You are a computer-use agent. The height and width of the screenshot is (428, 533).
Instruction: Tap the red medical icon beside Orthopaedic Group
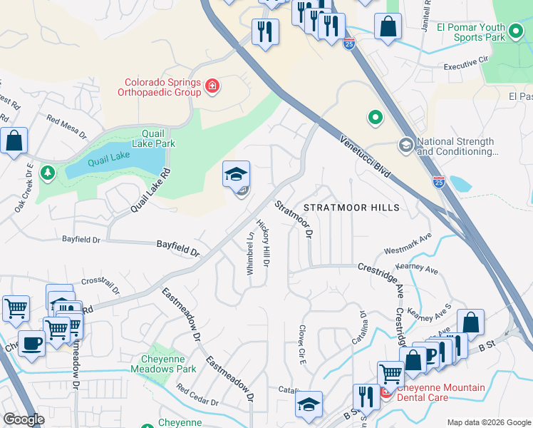212,87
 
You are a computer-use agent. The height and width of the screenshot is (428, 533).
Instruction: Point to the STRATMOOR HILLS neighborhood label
351,207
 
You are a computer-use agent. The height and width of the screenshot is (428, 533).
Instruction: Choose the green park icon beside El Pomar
515,31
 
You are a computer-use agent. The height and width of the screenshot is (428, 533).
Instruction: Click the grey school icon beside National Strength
406,146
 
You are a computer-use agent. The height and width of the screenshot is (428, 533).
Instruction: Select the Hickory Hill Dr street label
264,243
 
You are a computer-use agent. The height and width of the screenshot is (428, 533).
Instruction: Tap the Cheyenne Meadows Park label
163,364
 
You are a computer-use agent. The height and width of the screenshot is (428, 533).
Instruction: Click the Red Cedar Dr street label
197,397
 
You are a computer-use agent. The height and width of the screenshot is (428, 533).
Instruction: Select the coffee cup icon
31,342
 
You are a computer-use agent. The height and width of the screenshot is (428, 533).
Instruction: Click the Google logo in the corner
24,419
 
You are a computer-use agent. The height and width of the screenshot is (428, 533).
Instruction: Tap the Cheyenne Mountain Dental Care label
440,392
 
